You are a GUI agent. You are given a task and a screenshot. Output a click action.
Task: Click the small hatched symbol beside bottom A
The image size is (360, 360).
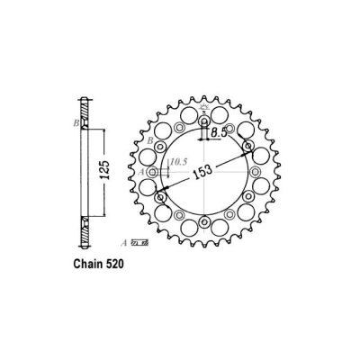(x=139, y=242)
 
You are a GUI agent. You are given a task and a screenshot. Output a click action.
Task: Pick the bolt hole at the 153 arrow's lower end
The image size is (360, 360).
(x=162, y=197)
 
